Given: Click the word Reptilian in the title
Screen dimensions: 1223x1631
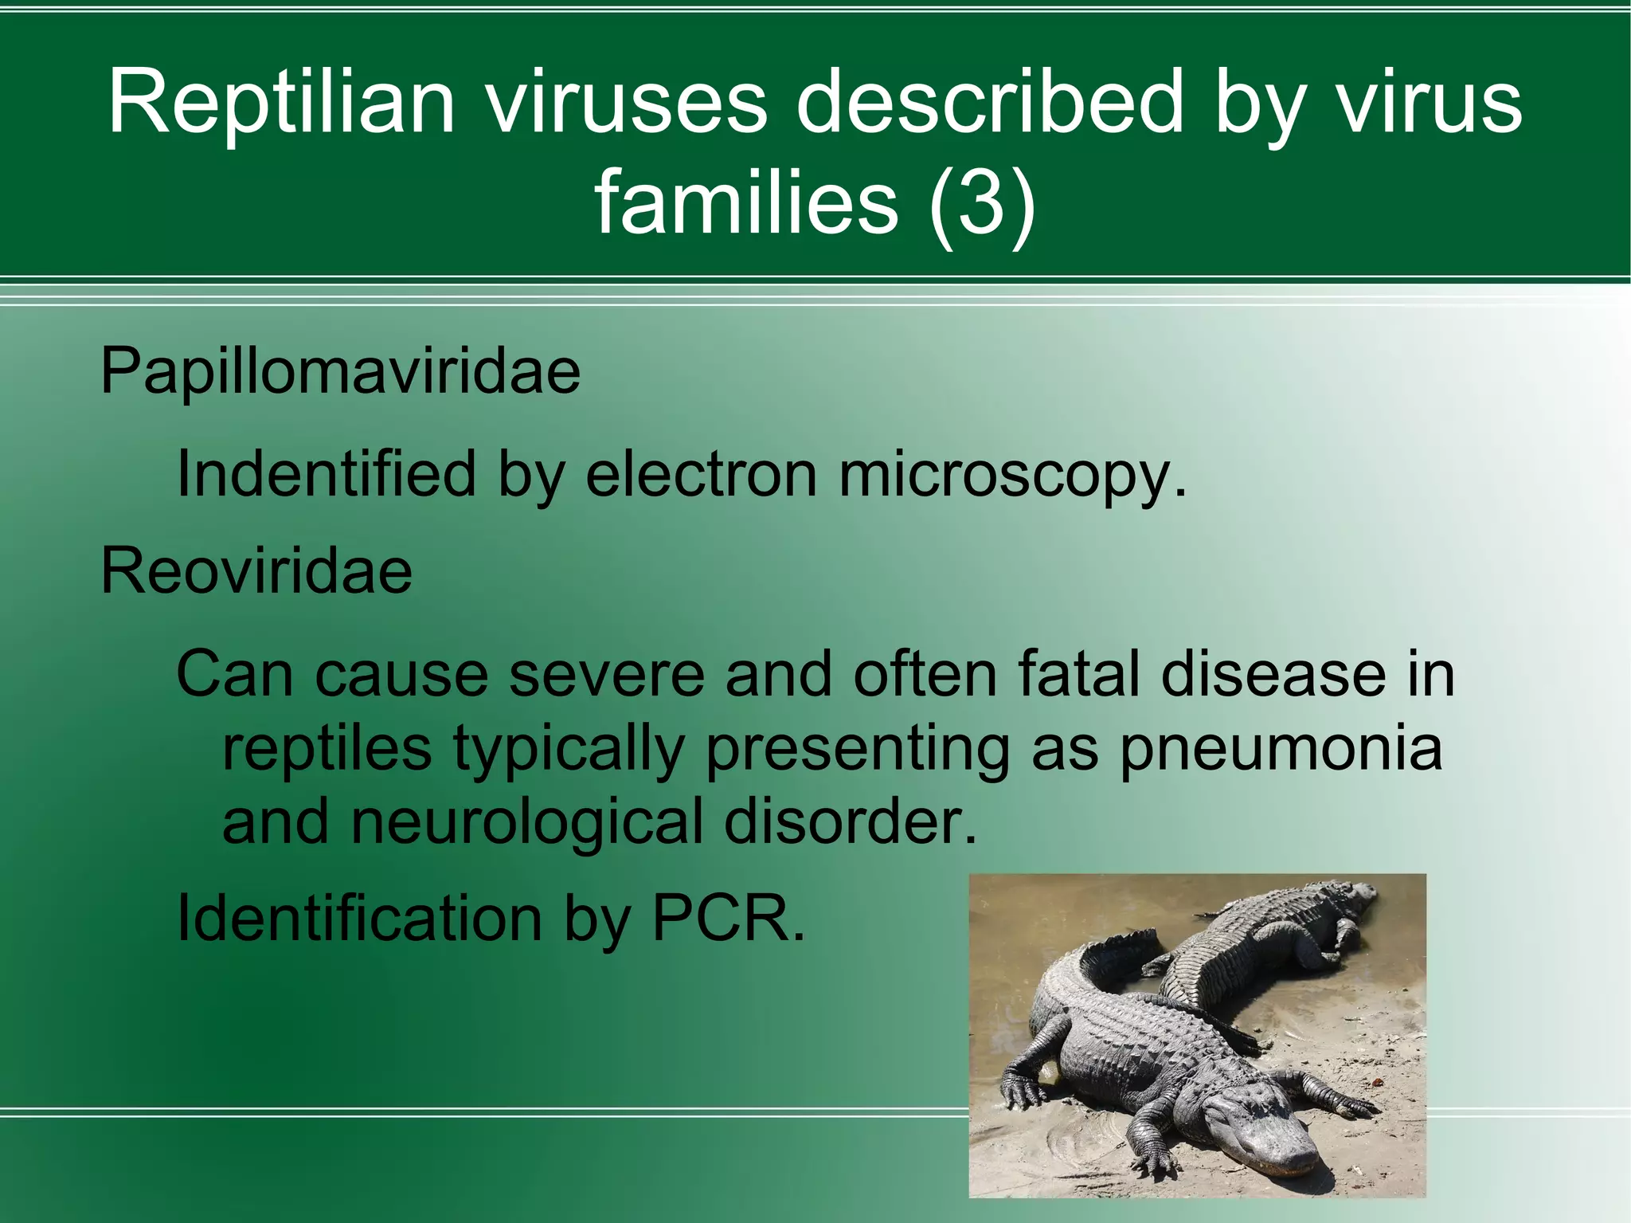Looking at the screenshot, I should click(281, 102).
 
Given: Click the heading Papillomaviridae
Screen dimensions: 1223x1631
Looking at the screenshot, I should click(340, 372).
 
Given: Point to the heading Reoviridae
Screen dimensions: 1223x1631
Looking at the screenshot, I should click(256, 571).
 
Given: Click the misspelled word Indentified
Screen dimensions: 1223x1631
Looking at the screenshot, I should click(326, 475).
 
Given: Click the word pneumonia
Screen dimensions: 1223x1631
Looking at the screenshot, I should click(1281, 749).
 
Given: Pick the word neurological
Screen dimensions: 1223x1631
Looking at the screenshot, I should click(526, 823).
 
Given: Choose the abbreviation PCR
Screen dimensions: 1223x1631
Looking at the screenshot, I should click(727, 919).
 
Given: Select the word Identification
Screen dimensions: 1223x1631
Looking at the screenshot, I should click(359, 919).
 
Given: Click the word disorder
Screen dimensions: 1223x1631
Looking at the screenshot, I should click(850, 821).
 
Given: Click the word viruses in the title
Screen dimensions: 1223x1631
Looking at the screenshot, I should click(628, 102).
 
